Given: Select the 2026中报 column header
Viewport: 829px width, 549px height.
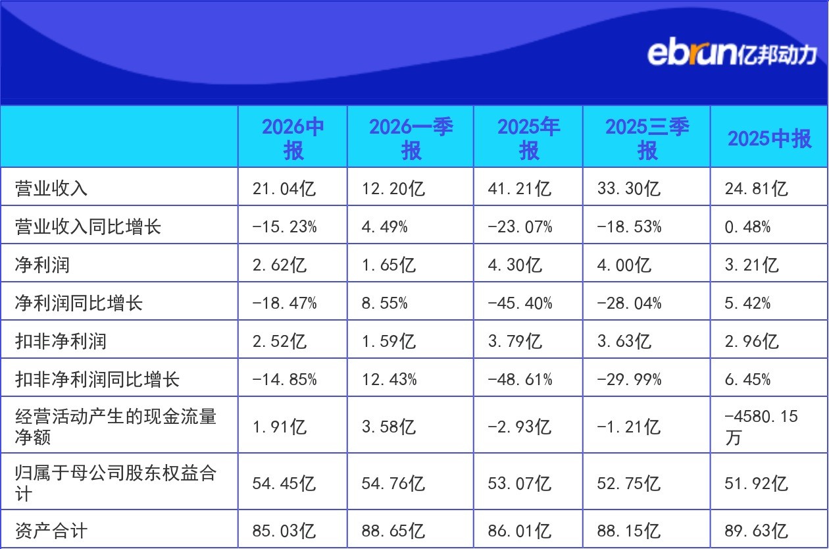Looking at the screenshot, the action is [293, 138].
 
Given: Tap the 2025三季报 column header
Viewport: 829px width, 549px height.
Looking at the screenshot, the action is [647, 138].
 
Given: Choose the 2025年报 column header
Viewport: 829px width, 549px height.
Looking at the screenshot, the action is [528, 138].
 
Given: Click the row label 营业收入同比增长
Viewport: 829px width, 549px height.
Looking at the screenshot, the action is [88, 226].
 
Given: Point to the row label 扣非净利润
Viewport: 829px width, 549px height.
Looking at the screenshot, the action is [61, 341].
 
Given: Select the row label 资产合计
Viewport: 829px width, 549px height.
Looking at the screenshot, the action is [51, 531].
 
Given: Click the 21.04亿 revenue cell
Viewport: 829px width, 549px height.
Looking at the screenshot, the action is [284, 188].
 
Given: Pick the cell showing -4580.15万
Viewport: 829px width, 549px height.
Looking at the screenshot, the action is [761, 427].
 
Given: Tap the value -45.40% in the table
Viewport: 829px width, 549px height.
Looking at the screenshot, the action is [520, 303].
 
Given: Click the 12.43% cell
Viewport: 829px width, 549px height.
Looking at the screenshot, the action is [389, 379].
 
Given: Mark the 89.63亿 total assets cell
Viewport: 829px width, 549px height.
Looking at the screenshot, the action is [756, 531].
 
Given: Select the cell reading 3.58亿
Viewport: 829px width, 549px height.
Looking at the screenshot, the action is [389, 427].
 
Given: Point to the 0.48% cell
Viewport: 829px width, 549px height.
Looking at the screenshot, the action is [747, 226].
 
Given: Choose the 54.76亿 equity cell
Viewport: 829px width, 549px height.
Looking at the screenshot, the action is [393, 483].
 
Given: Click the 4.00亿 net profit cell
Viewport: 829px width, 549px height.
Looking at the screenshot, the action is [624, 265].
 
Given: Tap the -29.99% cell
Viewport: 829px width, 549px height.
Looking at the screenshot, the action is [629, 379].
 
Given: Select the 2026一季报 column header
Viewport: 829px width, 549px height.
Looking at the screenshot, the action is [411, 138].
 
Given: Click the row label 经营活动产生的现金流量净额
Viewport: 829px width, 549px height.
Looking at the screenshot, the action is [116, 427].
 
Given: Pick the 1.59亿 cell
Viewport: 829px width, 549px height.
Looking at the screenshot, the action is [389, 341].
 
